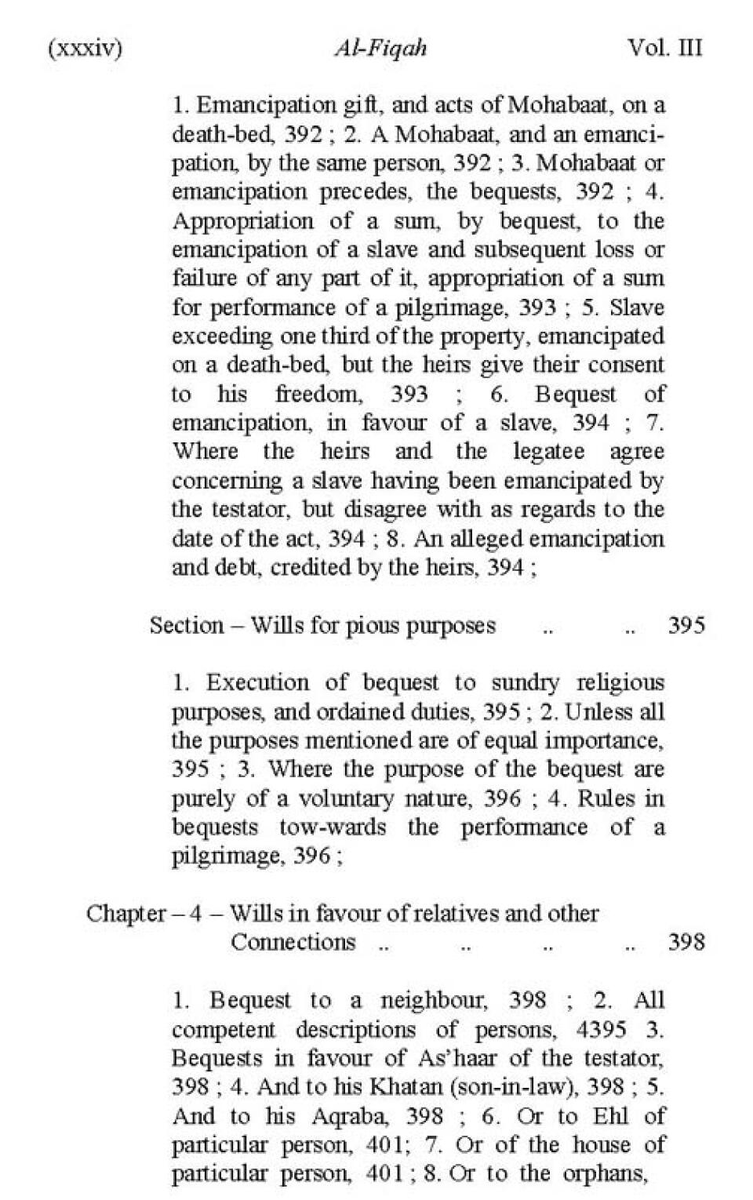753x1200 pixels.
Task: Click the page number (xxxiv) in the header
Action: pyautogui.click(x=85, y=49)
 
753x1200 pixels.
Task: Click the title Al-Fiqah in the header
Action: pyautogui.click(x=380, y=49)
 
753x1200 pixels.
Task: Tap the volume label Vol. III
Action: pyautogui.click(x=664, y=49)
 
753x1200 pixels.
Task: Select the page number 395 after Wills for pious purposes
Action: pyautogui.click(x=686, y=625)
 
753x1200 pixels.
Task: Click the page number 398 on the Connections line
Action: pyautogui.click(x=686, y=942)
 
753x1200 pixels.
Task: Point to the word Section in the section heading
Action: pyautogui.click(x=187, y=625)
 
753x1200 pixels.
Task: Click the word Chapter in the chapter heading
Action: pyautogui.click(x=125, y=914)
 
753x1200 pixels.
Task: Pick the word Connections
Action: pyautogui.click(x=293, y=942)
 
